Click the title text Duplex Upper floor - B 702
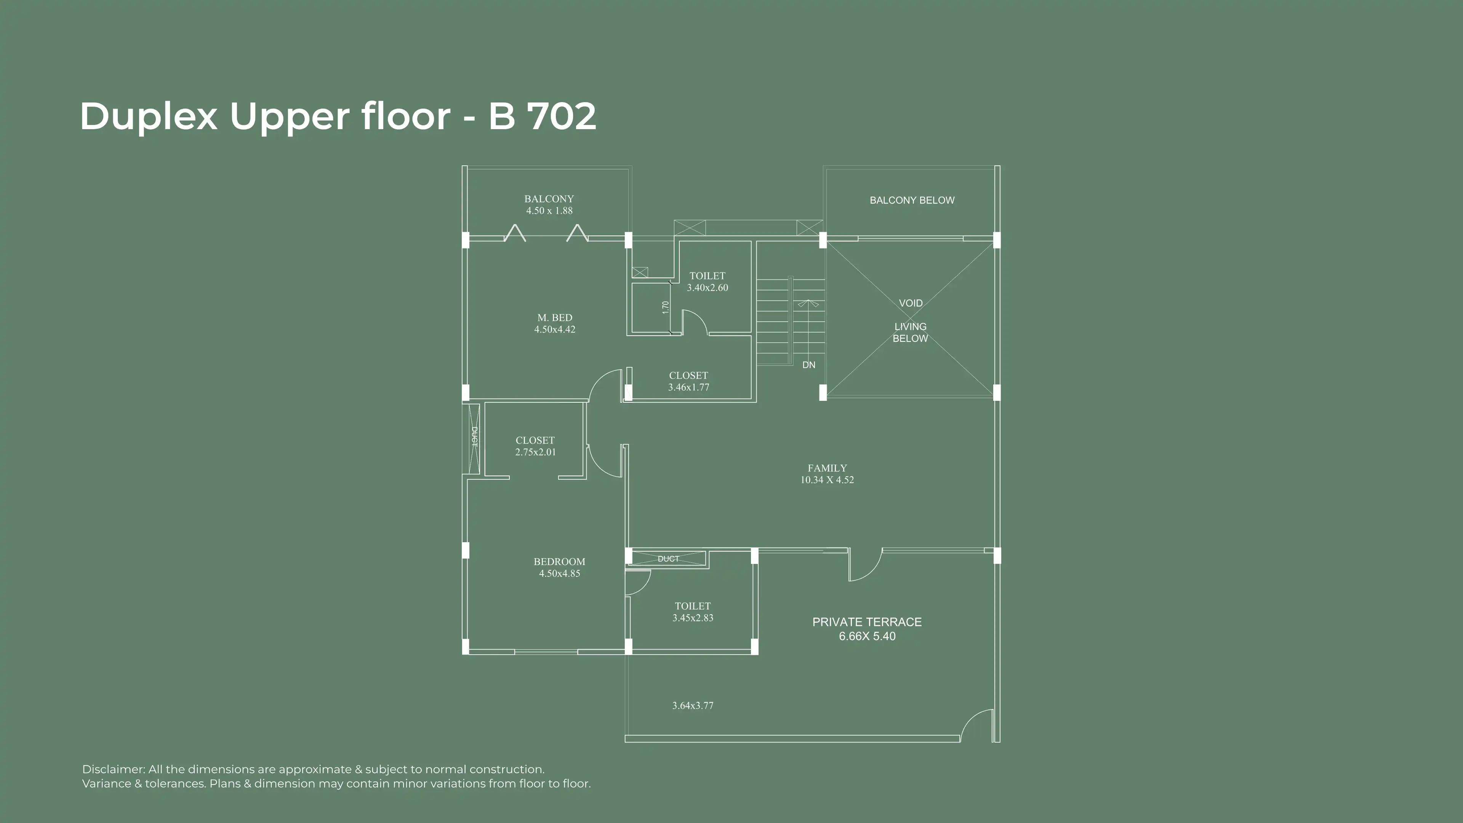pos(338,117)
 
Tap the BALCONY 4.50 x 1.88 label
pos(549,205)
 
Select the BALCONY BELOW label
pos(912,200)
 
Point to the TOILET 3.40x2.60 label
pos(707,282)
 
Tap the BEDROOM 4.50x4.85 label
pos(559,567)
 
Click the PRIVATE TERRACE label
pos(867,622)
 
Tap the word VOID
pos(911,303)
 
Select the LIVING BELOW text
pos(911,332)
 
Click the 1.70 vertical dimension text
pos(666,307)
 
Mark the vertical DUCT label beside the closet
pos(475,436)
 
